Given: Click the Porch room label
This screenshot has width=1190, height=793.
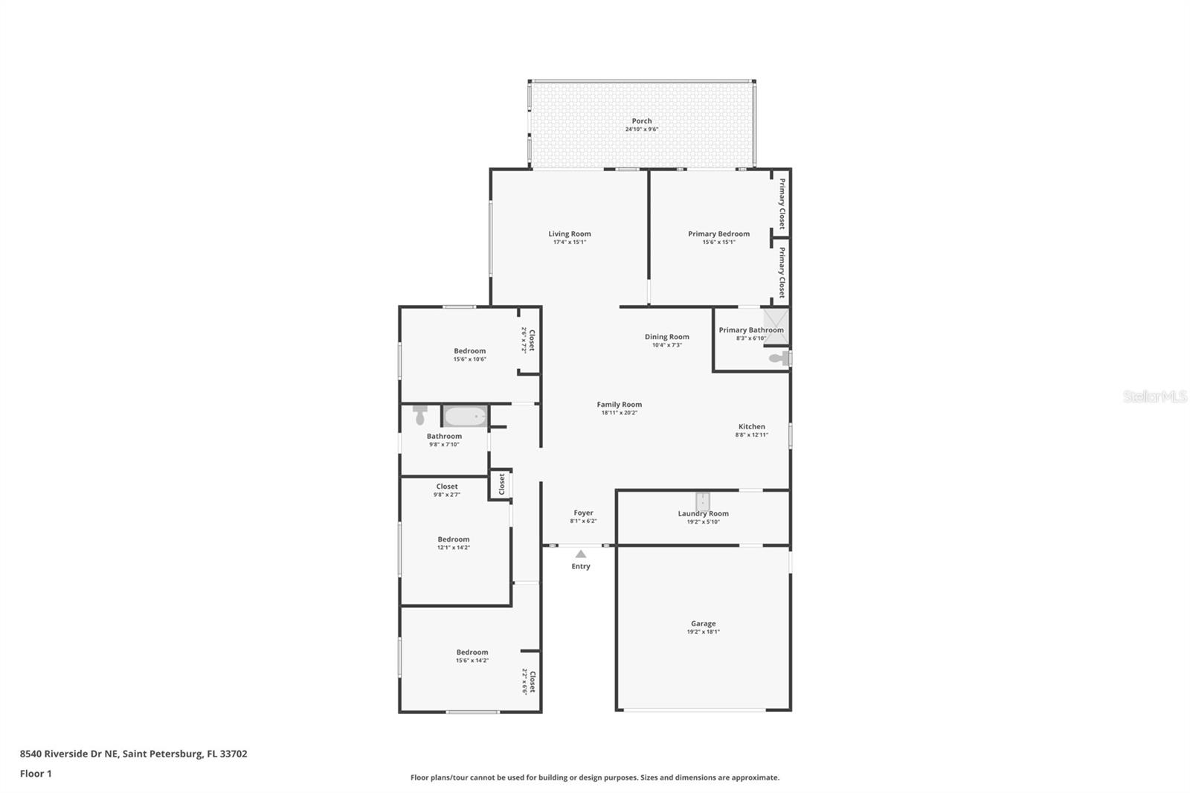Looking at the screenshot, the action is coord(642,121).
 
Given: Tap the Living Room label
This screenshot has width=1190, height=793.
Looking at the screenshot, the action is coord(570,234).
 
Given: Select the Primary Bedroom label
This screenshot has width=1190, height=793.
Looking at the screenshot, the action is coord(718,234).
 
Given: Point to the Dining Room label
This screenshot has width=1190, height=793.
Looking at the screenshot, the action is coord(666,337).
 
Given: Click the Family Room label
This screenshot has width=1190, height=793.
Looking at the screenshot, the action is coord(620,405).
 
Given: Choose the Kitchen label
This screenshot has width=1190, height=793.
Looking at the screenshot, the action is coord(752,426).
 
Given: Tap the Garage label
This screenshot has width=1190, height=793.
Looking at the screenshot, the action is coord(704,623).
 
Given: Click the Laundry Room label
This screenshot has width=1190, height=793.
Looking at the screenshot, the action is coord(704,513).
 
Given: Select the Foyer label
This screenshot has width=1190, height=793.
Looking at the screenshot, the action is coord(583,513).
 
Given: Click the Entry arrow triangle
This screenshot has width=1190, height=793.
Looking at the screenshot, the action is coord(581,553).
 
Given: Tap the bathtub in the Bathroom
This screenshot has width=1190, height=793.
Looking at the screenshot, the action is coord(466,416).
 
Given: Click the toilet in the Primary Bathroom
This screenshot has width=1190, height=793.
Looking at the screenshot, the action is coord(779,359).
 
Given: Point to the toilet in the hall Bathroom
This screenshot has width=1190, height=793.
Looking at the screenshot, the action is coord(420,414).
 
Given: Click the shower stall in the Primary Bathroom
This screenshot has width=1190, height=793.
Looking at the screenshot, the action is coord(776,327).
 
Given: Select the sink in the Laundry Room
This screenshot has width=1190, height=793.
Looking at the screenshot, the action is coord(703,501).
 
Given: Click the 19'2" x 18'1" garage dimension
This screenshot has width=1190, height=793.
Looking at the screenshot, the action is coord(704,632).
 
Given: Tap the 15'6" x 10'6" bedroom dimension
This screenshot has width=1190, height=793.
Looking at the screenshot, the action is coord(469,359).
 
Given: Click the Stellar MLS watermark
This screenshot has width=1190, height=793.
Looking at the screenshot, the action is coord(1155,396).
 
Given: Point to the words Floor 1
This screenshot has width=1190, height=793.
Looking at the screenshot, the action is coord(36,774).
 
